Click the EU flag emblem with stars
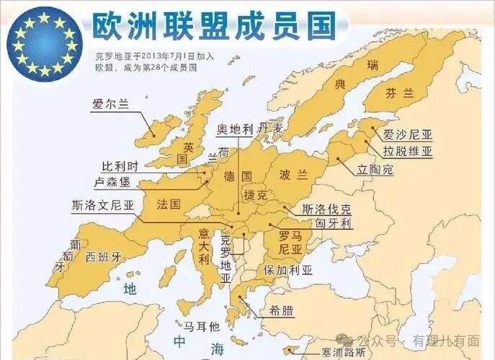pos(44,42)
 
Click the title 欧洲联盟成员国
pos(214,25)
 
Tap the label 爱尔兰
pos(110,104)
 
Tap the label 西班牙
pos(104,257)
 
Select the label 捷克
pos(256,195)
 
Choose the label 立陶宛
pos(375,171)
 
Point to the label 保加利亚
pos(288,271)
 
